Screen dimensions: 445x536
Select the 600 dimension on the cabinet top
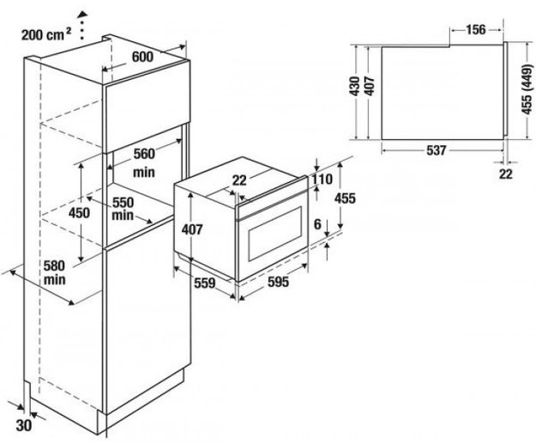pos(142,56)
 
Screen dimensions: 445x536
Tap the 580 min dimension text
pos(55,273)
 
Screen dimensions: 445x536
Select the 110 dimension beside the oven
pos(322,180)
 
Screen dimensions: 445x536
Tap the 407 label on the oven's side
pos(190,229)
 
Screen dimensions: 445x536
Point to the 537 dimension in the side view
pos(436,151)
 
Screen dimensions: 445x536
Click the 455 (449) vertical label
pos(524,88)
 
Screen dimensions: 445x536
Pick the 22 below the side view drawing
pos(505,174)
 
